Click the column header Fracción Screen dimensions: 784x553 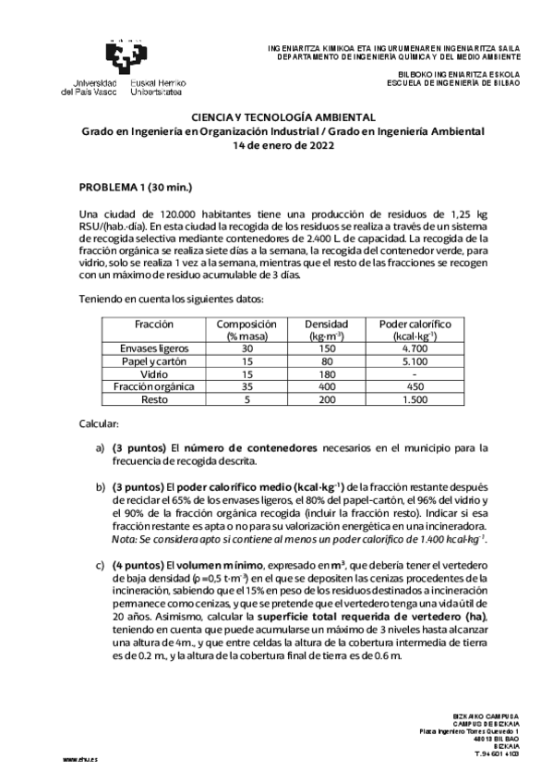154,326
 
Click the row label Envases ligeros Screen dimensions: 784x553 154,349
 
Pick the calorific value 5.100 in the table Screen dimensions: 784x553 415,361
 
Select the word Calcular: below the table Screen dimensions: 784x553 99,423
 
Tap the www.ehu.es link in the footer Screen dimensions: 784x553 80,758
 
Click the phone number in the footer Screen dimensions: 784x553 497,753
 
